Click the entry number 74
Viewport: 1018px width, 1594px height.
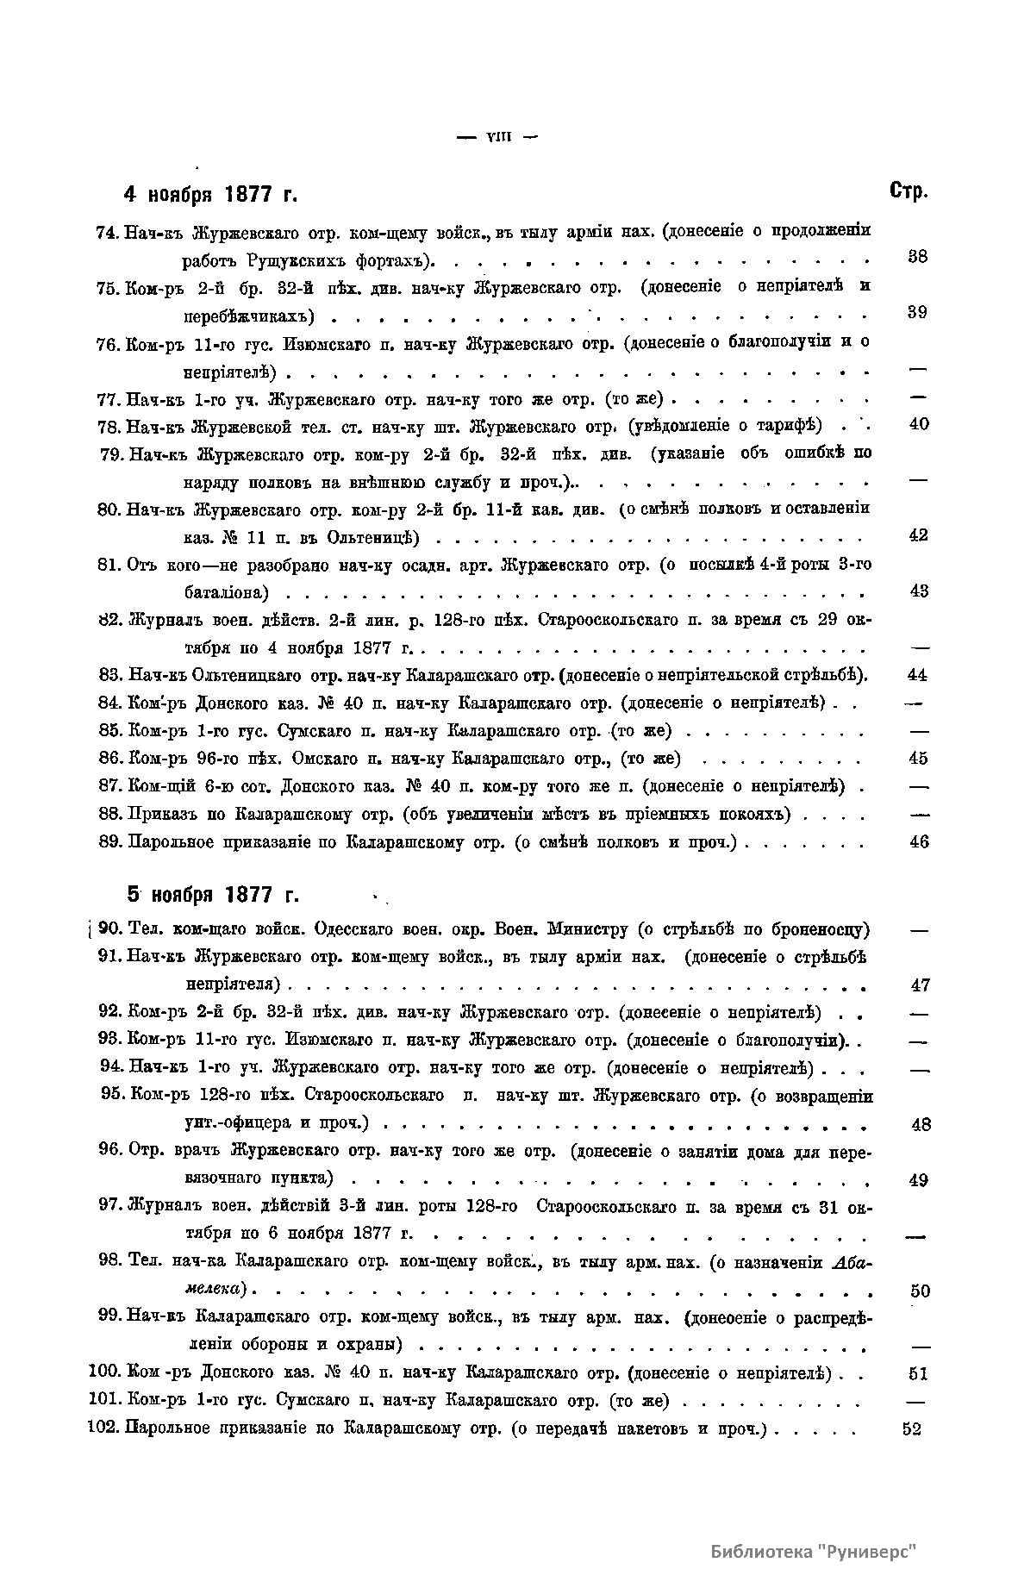coord(109,232)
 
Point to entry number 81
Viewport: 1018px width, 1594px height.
coord(109,565)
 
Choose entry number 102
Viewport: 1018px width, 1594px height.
coord(104,1428)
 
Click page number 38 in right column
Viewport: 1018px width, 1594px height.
coord(918,256)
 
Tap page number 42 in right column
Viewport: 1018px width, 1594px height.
coord(919,535)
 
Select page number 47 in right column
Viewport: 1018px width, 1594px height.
coord(920,985)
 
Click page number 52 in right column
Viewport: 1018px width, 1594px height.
coord(912,1428)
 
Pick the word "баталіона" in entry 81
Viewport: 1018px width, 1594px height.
coord(227,592)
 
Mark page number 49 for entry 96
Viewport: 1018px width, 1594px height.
coord(919,1180)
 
